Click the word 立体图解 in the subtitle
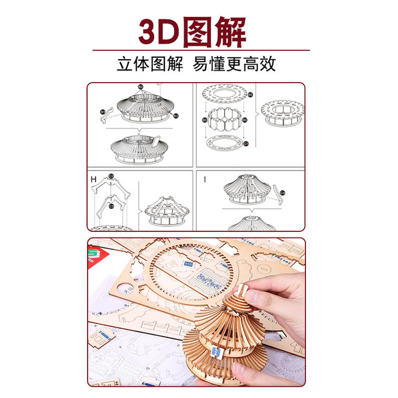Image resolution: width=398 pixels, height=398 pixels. pyautogui.click(x=150, y=64)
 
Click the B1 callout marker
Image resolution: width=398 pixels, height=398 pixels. pyautogui.click(x=103, y=112)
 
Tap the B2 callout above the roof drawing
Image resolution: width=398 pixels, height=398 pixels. pyautogui.click(x=141, y=87)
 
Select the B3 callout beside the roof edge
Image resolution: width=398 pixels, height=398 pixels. pyautogui.click(x=176, y=116)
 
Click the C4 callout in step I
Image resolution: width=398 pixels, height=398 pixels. pyautogui.click(x=282, y=193)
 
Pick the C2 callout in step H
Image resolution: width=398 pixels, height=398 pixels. pyautogui.click(x=111, y=176)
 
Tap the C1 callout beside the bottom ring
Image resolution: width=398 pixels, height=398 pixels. pyautogui.click(x=246, y=143)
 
